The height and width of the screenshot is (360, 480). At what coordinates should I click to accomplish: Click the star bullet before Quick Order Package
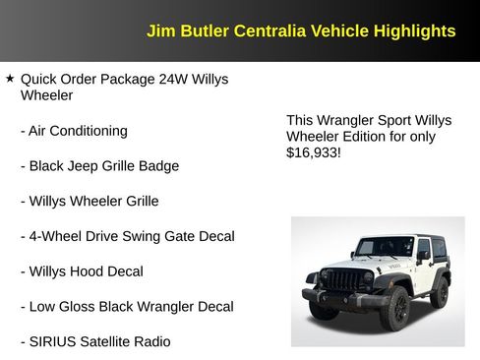[10, 78]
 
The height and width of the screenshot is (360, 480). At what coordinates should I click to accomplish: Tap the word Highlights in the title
[414, 30]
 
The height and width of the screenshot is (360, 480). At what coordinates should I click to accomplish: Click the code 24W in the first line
[175, 79]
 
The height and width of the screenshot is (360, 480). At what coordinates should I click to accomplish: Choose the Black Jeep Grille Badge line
[103, 166]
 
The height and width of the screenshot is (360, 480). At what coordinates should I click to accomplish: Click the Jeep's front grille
[342, 280]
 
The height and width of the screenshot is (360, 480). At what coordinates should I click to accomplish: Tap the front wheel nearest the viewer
[394, 307]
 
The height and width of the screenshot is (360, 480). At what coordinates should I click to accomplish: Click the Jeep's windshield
[385, 246]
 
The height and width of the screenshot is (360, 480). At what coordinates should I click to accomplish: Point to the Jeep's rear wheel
[440, 291]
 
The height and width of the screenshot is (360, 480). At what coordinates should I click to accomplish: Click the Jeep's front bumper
[339, 296]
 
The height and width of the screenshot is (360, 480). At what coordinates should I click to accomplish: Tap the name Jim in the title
[159, 30]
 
